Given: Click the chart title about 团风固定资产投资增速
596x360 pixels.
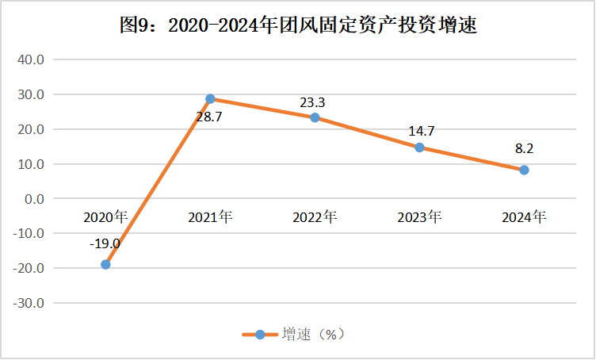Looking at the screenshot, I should click(297, 25).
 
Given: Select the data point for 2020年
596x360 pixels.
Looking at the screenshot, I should click(105, 264).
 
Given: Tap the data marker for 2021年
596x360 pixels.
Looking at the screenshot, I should click(210, 99).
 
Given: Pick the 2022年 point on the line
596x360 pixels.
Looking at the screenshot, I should click(315, 117).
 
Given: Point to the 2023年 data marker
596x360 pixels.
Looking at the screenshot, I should click(419, 147).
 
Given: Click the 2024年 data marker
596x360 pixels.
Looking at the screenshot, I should click(524, 170).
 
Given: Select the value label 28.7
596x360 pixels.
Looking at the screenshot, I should click(211, 117).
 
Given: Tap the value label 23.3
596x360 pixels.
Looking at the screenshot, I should click(313, 102).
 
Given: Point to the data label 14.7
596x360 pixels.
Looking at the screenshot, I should click(420, 132).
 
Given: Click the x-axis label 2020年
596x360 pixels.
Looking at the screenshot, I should click(105, 216).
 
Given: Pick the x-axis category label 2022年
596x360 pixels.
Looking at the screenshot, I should click(315, 216).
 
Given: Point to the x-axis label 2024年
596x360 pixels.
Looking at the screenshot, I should click(524, 216).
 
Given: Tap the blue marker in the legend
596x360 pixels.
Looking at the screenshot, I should click(259, 334).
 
